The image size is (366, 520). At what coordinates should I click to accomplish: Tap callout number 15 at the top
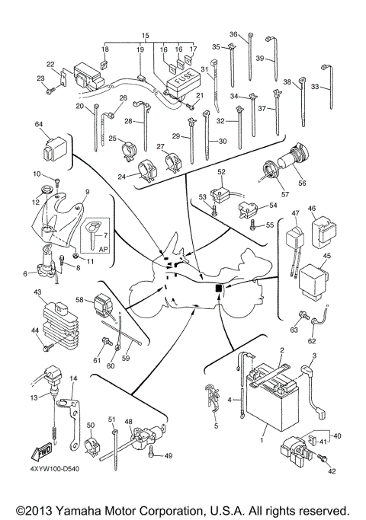point(146,37)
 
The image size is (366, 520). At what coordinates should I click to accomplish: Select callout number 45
point(327,256)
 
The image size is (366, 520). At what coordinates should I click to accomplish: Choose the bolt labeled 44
point(47,347)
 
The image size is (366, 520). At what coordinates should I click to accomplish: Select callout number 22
point(50,64)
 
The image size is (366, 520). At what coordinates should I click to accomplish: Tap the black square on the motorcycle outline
point(219,289)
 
